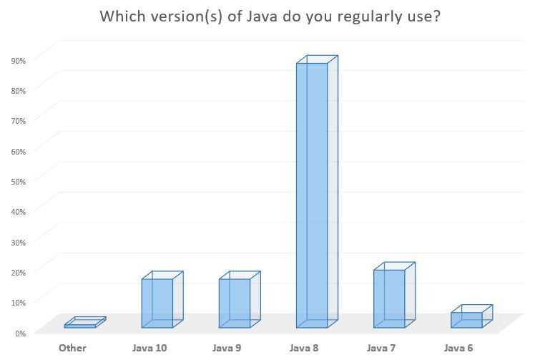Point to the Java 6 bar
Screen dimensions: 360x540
click(466, 320)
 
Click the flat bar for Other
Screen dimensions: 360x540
click(80, 326)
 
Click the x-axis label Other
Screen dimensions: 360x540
click(72, 349)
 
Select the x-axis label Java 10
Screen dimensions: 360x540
click(150, 349)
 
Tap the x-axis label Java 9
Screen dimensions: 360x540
click(227, 349)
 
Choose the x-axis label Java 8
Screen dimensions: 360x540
click(305, 349)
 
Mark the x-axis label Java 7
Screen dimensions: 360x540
click(382, 349)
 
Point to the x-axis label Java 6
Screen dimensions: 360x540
click(459, 349)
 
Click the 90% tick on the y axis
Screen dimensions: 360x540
click(19, 61)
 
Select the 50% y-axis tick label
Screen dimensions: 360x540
click(19, 182)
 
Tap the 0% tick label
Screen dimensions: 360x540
click(21, 333)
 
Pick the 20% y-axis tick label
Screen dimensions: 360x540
click(19, 272)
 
